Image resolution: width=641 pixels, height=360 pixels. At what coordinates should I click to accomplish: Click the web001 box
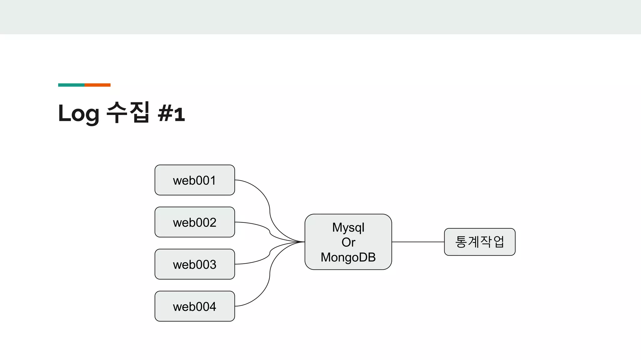(194, 180)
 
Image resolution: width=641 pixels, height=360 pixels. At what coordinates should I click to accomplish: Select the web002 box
(194, 222)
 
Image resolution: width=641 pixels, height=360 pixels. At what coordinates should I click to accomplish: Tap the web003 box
(194, 264)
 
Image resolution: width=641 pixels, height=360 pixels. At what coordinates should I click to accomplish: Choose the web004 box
(194, 306)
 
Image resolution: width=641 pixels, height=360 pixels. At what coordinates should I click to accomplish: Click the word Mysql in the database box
(348, 227)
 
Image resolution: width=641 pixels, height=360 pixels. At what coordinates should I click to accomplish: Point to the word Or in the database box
(348, 242)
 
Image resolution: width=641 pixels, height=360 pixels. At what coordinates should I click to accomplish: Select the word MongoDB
(348, 257)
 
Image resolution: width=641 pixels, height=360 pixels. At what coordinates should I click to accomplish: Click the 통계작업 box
(479, 242)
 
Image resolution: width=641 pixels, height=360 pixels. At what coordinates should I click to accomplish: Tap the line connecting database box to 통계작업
(418, 242)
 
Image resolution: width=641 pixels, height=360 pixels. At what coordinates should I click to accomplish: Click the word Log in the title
(79, 114)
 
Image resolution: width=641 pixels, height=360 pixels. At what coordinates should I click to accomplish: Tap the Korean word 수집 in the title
(128, 112)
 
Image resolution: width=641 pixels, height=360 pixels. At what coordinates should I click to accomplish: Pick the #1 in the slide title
(172, 114)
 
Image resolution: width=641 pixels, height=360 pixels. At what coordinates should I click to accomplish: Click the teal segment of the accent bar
(71, 85)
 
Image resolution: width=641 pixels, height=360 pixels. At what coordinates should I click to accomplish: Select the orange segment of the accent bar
(97, 85)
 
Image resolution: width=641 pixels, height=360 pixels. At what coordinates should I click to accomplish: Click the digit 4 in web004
(213, 307)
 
